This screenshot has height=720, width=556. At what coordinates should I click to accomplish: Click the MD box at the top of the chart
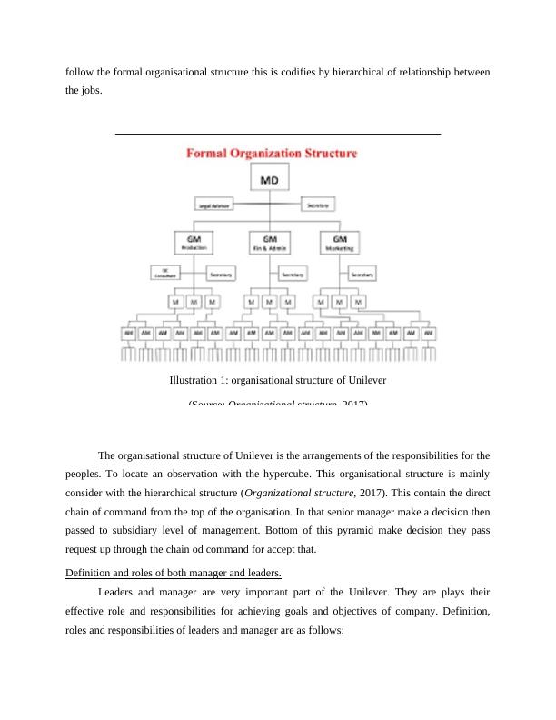click(271, 181)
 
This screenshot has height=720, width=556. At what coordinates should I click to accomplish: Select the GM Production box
click(193, 242)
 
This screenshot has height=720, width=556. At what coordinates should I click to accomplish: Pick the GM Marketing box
click(340, 242)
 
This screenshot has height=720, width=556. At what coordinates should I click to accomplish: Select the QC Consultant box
click(165, 273)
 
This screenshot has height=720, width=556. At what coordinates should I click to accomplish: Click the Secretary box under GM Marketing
click(362, 274)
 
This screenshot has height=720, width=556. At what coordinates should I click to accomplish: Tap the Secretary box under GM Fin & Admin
click(292, 274)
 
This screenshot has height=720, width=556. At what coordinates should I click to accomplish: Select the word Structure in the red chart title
click(326, 155)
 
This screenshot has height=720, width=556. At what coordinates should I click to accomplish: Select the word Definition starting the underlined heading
click(89, 572)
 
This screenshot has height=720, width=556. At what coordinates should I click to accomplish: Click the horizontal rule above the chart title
click(278, 134)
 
